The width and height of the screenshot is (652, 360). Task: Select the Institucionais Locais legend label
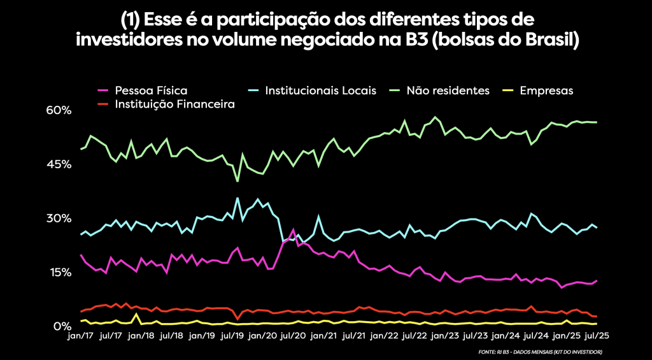[321, 90]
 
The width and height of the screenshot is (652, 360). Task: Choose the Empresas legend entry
[546, 90]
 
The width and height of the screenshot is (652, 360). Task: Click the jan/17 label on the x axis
[81, 335]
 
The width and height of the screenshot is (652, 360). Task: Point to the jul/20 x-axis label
[292, 335]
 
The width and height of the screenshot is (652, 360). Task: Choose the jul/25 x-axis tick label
[595, 335]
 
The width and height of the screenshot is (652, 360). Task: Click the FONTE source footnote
[539, 352]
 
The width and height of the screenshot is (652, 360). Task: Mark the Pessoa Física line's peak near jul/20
[293, 229]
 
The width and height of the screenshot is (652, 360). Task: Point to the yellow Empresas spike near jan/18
[136, 313]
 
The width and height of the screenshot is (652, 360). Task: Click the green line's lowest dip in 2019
[237, 182]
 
